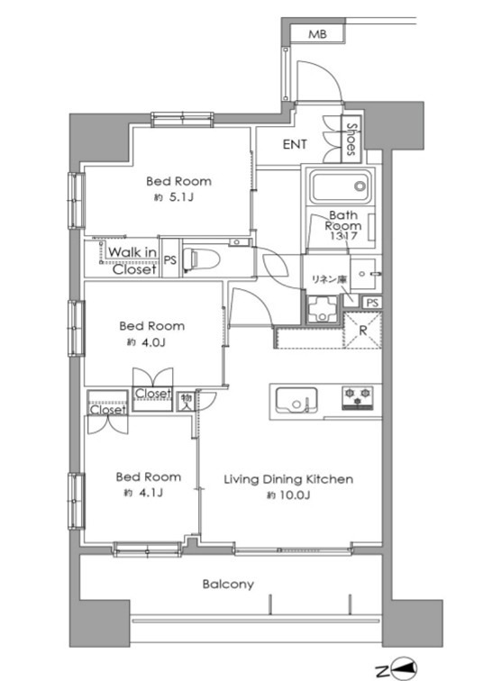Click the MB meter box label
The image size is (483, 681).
[317, 34]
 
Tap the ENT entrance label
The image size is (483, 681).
[295, 144]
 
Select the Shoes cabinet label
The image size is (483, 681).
[351, 139]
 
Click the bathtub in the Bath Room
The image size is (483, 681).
[341, 186]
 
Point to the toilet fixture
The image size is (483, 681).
[201, 259]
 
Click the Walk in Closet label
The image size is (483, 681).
[132, 260]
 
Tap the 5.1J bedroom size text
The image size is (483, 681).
[174, 197]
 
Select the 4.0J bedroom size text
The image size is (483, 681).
[146, 342]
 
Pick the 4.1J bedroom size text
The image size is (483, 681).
[143, 493]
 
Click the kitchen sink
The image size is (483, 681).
[296, 401]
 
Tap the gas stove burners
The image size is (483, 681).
[358, 397]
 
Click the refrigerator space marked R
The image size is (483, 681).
[362, 331]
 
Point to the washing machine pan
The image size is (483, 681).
[322, 309]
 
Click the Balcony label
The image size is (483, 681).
[228, 584]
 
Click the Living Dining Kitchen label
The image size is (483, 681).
[288, 479]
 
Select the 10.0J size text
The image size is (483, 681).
[288, 495]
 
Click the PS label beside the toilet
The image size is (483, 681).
[170, 259]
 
